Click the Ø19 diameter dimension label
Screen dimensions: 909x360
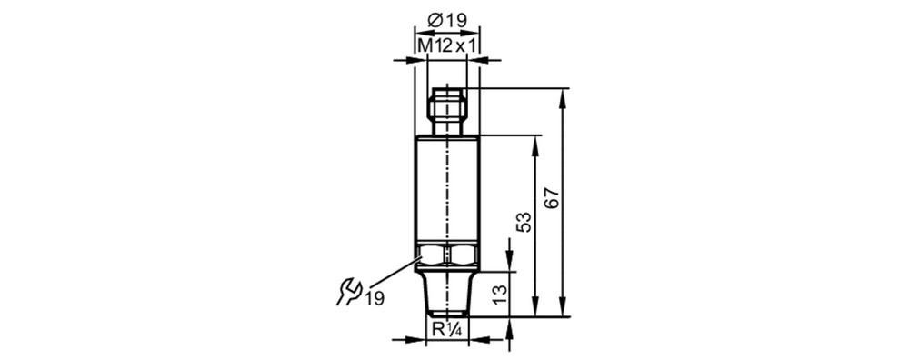(446, 20)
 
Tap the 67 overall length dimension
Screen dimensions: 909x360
(553, 199)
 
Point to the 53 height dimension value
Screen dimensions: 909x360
(524, 222)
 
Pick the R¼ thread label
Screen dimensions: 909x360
(446, 330)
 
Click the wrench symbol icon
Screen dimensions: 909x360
(349, 292)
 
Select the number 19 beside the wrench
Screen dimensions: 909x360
(375, 298)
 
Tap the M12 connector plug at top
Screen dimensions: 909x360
(446, 111)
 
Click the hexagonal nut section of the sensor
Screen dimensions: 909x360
(447, 255)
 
